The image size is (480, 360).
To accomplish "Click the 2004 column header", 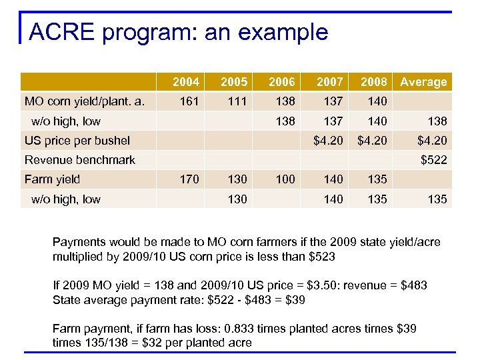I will click(x=185, y=82).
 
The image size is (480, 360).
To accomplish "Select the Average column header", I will click(x=423, y=82).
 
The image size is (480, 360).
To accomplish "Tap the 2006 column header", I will click(x=281, y=82).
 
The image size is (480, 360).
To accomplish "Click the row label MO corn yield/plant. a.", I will click(x=80, y=101).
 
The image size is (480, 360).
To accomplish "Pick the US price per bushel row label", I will click(x=77, y=140).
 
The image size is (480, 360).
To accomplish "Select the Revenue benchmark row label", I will click(x=80, y=159).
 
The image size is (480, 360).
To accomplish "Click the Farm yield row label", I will click(x=52, y=179).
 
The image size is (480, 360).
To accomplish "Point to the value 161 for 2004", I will click(x=189, y=101).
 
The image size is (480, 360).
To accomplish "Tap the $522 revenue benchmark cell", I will click(x=433, y=159).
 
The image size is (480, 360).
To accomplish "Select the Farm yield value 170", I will click(x=189, y=179).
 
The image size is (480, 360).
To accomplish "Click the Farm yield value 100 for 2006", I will click(x=285, y=179).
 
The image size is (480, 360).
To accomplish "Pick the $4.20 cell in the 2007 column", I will click(x=329, y=140).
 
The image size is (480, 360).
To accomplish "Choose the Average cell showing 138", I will click(x=437, y=121).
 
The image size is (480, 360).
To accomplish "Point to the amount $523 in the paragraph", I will click(x=323, y=256).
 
